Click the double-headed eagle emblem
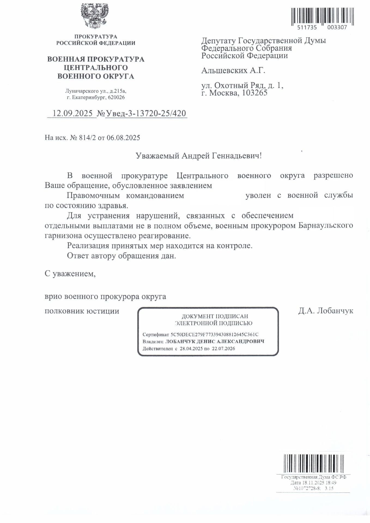click(x=94, y=16)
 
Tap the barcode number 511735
click(x=307, y=27)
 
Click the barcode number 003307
click(x=337, y=27)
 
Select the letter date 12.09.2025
click(x=72, y=113)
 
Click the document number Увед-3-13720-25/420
click(x=146, y=113)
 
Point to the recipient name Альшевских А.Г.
click(x=233, y=71)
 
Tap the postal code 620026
click(x=116, y=97)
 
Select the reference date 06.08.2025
click(x=123, y=138)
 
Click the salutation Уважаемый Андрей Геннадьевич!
click(x=199, y=156)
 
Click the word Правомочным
click(x=93, y=196)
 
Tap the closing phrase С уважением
click(x=70, y=273)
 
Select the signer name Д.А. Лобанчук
click(x=326, y=311)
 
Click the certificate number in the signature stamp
click(x=214, y=334)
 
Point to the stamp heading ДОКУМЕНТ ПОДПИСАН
click(x=215, y=316)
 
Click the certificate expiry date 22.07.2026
click(x=223, y=348)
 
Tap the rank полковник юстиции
click(x=82, y=311)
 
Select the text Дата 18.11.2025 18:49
click(x=313, y=482)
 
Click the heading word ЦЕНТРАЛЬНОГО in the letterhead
click(x=96, y=68)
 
